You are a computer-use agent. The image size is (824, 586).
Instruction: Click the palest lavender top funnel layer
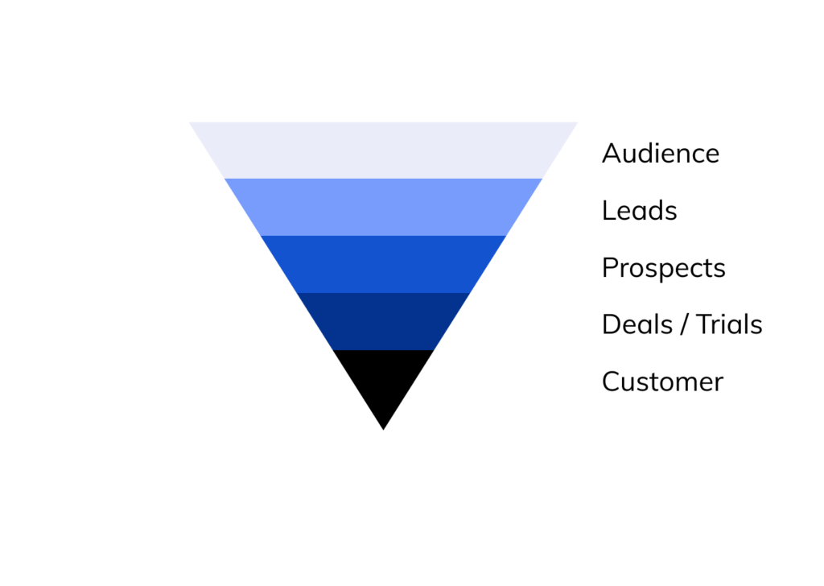click(x=383, y=151)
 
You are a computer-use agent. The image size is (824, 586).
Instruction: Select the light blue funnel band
click(x=383, y=207)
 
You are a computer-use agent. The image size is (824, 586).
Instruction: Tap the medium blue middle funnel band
click(x=383, y=264)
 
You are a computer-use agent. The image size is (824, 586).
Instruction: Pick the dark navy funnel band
click(x=383, y=321)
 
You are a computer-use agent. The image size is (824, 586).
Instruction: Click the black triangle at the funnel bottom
click(x=383, y=381)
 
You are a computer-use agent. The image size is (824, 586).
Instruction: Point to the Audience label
click(x=661, y=154)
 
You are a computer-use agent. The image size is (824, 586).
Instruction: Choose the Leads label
click(x=640, y=210)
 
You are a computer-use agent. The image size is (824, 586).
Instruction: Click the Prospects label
click(x=664, y=268)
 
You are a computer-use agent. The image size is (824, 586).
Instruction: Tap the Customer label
click(x=663, y=382)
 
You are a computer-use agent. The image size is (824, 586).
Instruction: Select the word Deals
click(x=637, y=324)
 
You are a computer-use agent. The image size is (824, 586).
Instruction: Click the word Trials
click(x=729, y=324)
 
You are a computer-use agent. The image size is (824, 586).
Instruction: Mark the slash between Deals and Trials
click(x=684, y=324)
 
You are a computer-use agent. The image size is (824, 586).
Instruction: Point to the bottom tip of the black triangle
click(x=384, y=430)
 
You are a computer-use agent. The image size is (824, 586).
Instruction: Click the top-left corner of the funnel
click(x=190, y=122)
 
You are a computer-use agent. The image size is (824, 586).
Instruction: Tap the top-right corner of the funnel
click(x=578, y=122)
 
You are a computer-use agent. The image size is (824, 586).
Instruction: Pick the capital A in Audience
click(x=612, y=154)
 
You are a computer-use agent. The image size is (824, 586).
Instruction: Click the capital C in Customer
click(x=612, y=382)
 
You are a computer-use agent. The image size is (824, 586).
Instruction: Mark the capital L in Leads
click(x=609, y=210)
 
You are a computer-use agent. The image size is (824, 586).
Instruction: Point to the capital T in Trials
click(x=704, y=324)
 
